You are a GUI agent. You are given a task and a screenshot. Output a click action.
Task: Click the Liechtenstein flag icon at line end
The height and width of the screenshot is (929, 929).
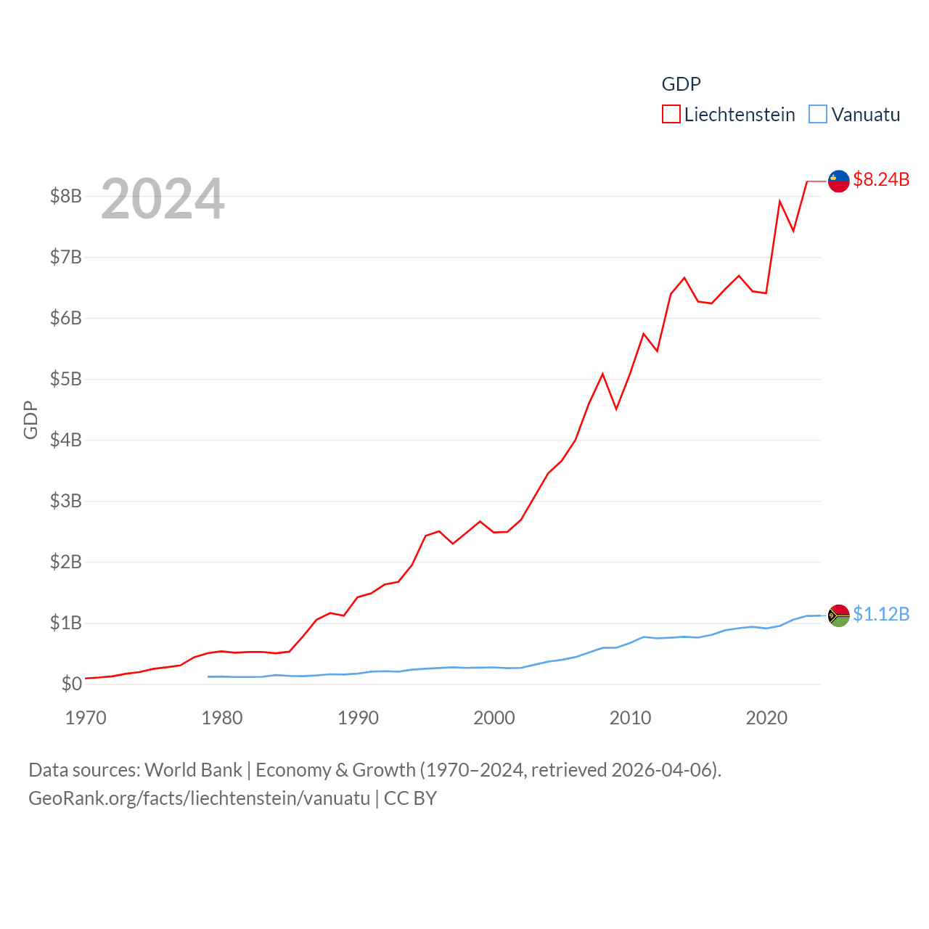[839, 181]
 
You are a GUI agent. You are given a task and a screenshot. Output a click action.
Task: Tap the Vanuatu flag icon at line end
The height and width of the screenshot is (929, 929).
[839, 615]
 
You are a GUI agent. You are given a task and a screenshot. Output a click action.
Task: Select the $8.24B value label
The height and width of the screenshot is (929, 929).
[881, 179]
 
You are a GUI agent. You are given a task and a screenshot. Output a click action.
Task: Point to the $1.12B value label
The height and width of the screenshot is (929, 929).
[881, 614]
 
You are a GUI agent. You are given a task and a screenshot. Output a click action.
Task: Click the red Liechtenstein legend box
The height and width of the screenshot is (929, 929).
[671, 115]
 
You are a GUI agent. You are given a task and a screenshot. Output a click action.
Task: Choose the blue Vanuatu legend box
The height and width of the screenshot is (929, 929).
[818, 115]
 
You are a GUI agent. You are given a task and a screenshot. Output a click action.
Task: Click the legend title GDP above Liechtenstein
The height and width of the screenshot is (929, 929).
[681, 84]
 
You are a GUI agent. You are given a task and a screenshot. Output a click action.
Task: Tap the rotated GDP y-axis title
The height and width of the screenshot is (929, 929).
[30, 420]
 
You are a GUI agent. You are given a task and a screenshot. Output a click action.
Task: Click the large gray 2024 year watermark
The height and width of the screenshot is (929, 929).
[163, 199]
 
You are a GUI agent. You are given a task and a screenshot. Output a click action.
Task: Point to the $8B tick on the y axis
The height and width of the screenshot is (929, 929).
[65, 196]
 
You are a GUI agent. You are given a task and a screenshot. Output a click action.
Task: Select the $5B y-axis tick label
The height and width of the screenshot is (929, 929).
[65, 379]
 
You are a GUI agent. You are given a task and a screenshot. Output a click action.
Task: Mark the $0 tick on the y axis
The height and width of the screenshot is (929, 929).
[71, 684]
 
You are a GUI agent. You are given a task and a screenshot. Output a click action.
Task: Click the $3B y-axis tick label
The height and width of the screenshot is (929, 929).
[65, 501]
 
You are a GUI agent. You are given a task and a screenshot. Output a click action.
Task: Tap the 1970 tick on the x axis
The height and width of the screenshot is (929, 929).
[86, 718]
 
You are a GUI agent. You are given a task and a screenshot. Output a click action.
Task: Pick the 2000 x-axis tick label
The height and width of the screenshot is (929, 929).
[494, 718]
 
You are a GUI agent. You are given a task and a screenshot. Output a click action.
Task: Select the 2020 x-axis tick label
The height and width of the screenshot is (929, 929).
[766, 718]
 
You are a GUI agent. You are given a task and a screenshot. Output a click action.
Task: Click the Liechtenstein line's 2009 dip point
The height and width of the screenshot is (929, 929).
[616, 409]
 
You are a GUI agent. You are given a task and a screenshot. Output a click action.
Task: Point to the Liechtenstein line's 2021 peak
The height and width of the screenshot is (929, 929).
[779, 201]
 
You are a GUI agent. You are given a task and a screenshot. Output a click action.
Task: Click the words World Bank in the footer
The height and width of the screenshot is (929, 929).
[193, 770]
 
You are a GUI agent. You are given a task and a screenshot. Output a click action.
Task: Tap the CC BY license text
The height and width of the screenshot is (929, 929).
[410, 798]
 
